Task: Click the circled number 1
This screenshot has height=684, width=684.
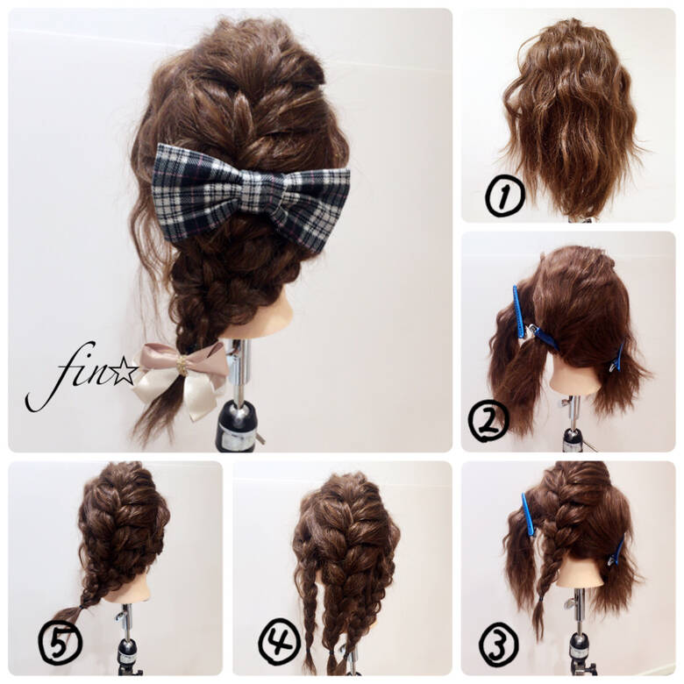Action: click(505, 196)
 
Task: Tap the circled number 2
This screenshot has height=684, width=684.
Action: click(488, 420)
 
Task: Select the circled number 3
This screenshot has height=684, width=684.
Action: click(499, 645)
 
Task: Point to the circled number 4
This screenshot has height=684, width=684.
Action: click(280, 641)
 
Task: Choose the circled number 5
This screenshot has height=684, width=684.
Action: click(61, 641)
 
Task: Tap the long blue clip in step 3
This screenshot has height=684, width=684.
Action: click(528, 515)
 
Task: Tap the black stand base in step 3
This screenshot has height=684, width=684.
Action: click(580, 649)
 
